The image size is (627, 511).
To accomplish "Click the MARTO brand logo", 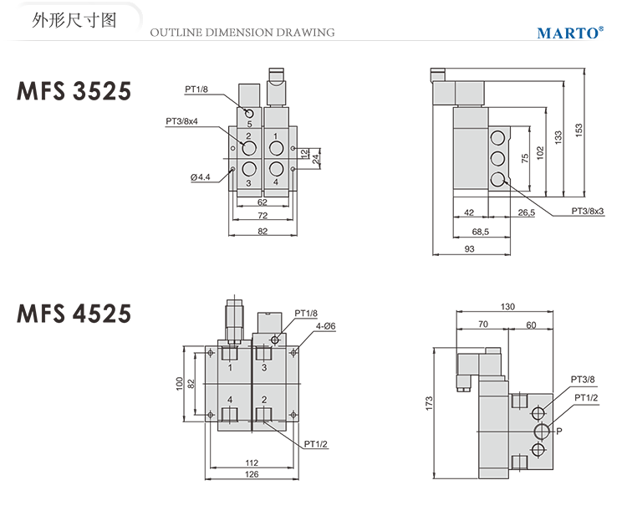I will [569, 33].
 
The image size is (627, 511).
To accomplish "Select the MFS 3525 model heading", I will [74, 90].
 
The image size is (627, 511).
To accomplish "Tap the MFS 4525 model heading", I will [74, 313].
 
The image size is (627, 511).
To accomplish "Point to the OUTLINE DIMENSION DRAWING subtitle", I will [242, 33].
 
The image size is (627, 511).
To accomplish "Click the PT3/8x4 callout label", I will [182, 121].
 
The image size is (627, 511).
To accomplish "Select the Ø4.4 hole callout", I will [201, 177].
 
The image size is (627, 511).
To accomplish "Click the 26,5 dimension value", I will [527, 212].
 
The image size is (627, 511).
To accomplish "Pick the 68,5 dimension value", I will [480, 231].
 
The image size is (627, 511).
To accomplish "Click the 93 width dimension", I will [469, 249].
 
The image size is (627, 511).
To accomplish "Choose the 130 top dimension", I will [506, 307].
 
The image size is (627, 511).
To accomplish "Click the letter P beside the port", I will [559, 431].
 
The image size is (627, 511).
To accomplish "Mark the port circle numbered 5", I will [248, 113].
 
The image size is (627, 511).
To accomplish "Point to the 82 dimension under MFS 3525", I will [262, 232].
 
